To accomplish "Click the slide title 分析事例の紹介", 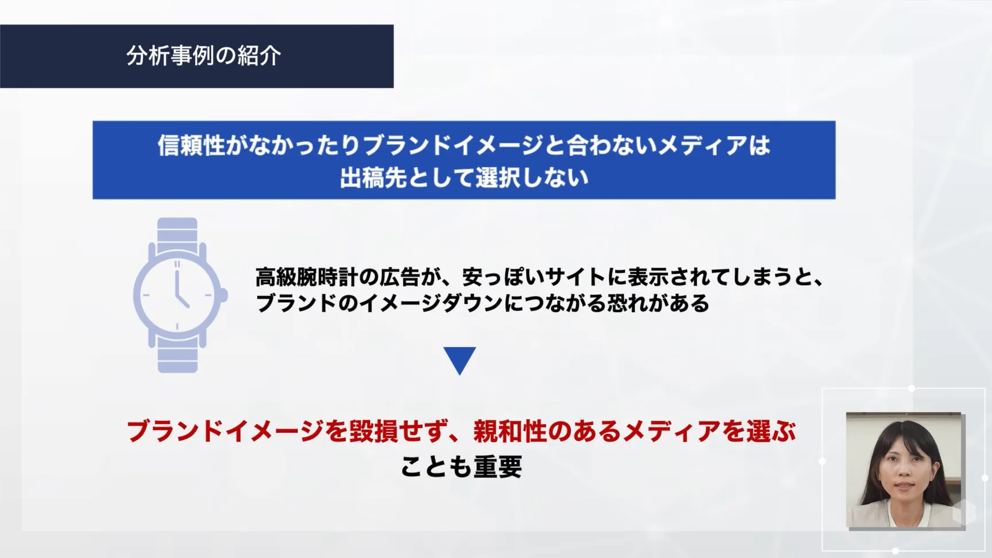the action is click(x=203, y=56).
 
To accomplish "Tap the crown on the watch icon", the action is click(x=223, y=296).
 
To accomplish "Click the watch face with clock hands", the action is click(x=177, y=295).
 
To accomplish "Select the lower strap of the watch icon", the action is click(x=177, y=356).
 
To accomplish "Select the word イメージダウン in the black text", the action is click(x=431, y=303).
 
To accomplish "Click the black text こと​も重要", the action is click(x=461, y=466).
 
